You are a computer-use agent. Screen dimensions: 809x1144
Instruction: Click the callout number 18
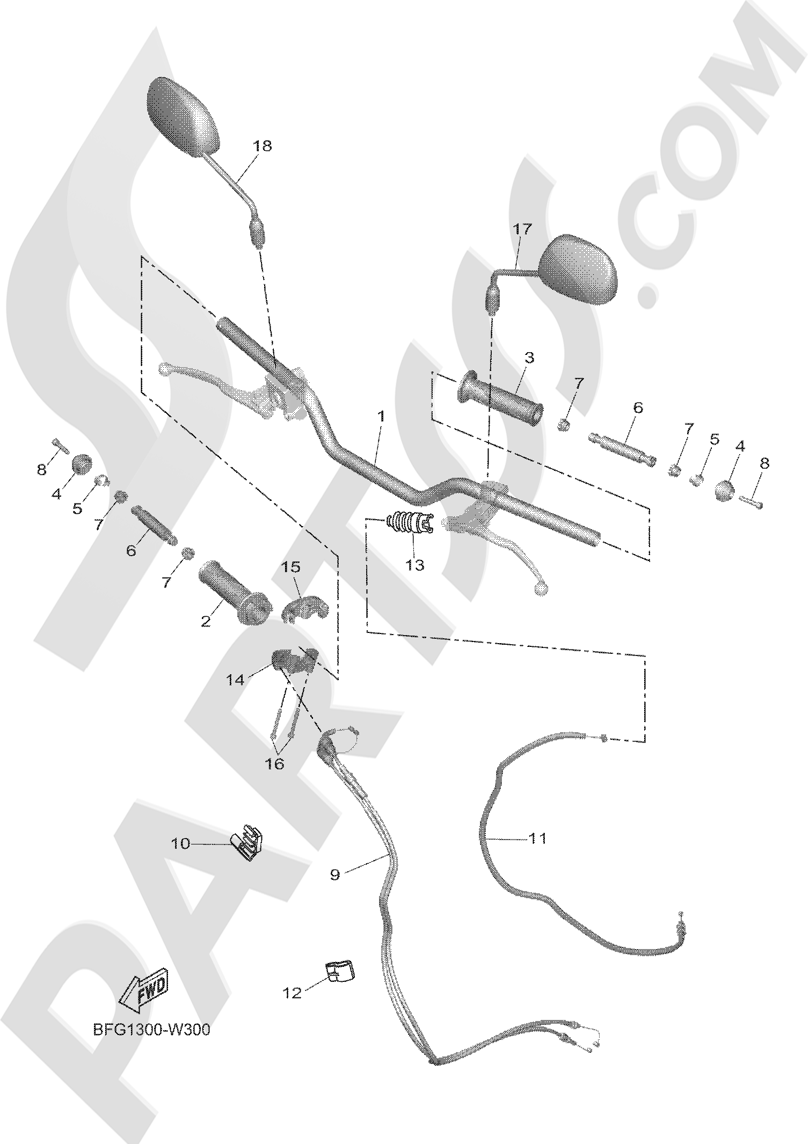(263, 145)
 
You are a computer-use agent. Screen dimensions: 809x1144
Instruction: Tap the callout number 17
(522, 229)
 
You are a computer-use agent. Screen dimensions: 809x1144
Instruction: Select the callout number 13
(415, 565)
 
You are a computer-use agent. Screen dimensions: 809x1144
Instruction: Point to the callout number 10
(181, 844)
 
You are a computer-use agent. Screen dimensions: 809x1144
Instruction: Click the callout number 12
(293, 994)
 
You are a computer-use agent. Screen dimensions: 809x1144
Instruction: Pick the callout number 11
(538, 838)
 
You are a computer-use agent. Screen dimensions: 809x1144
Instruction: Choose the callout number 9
(335, 875)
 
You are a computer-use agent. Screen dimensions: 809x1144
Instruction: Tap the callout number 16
(275, 763)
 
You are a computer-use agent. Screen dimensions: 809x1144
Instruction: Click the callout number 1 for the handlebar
(381, 417)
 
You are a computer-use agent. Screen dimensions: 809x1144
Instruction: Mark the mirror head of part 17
(578, 270)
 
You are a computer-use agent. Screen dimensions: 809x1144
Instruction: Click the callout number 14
(235, 680)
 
